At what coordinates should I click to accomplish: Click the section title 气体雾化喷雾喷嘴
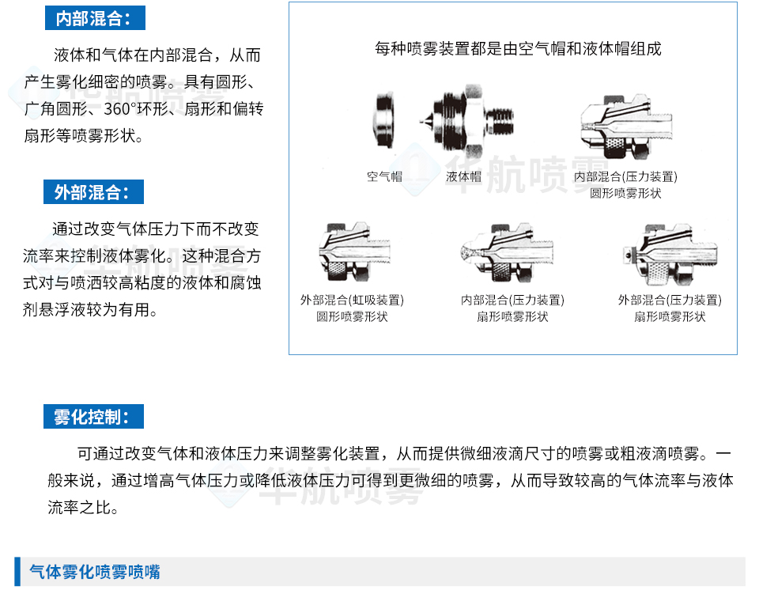pos(95,572)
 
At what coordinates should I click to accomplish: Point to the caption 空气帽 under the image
pos(384,176)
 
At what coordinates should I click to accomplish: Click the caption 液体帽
pos(464,176)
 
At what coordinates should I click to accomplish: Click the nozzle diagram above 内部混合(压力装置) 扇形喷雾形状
pos(506,253)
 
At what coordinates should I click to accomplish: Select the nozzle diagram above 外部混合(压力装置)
pos(670,254)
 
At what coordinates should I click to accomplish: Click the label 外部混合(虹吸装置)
pos(352,300)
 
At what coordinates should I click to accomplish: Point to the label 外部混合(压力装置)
pos(670,300)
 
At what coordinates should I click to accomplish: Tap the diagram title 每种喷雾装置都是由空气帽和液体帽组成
pos(518,48)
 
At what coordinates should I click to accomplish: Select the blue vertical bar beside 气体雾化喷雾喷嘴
pos(17,572)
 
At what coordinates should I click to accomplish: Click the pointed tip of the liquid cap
pos(421,121)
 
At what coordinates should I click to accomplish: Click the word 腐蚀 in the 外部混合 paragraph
pos(246,282)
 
